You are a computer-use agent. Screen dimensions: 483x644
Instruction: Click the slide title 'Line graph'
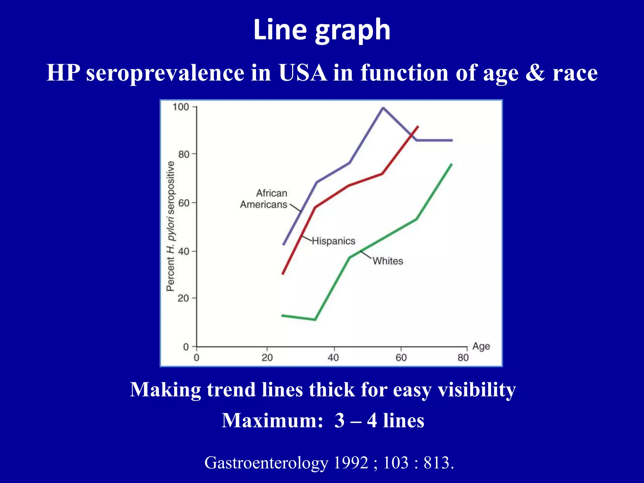pyautogui.click(x=322, y=30)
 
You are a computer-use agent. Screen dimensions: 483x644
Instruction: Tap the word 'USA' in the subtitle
pyautogui.click(x=303, y=73)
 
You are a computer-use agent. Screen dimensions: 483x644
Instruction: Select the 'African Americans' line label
pyautogui.click(x=264, y=199)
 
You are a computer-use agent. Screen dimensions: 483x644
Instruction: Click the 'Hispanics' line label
pyautogui.click(x=333, y=241)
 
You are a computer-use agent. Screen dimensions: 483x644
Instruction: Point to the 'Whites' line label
pyautogui.click(x=388, y=261)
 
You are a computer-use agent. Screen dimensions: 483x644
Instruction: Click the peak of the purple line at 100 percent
pyautogui.click(x=383, y=108)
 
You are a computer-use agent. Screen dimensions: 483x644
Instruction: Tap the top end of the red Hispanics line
pyautogui.click(x=418, y=127)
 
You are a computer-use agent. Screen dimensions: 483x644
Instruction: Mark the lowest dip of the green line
pyautogui.click(x=315, y=319)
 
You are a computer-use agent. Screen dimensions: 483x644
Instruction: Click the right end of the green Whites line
pyautogui.click(x=451, y=164)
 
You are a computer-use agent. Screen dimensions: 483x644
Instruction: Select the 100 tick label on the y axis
pyautogui.click(x=180, y=107)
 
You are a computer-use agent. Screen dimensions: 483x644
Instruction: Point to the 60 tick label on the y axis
pyautogui.click(x=183, y=203)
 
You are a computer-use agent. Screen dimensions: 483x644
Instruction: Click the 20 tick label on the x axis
pyautogui.click(x=267, y=358)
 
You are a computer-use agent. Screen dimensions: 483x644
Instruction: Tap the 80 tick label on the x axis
pyautogui.click(x=463, y=358)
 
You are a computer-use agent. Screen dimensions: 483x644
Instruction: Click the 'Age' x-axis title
pyautogui.click(x=481, y=346)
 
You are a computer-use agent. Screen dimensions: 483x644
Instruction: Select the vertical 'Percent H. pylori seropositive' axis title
pyautogui.click(x=170, y=226)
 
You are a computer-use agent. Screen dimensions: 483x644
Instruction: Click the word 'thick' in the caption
pyautogui.click(x=332, y=390)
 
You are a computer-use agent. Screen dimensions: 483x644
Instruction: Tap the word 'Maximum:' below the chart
pyautogui.click(x=272, y=420)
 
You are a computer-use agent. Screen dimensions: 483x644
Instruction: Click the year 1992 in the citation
pyautogui.click(x=351, y=463)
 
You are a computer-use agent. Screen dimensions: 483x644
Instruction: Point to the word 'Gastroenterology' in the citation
pyautogui.click(x=266, y=463)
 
